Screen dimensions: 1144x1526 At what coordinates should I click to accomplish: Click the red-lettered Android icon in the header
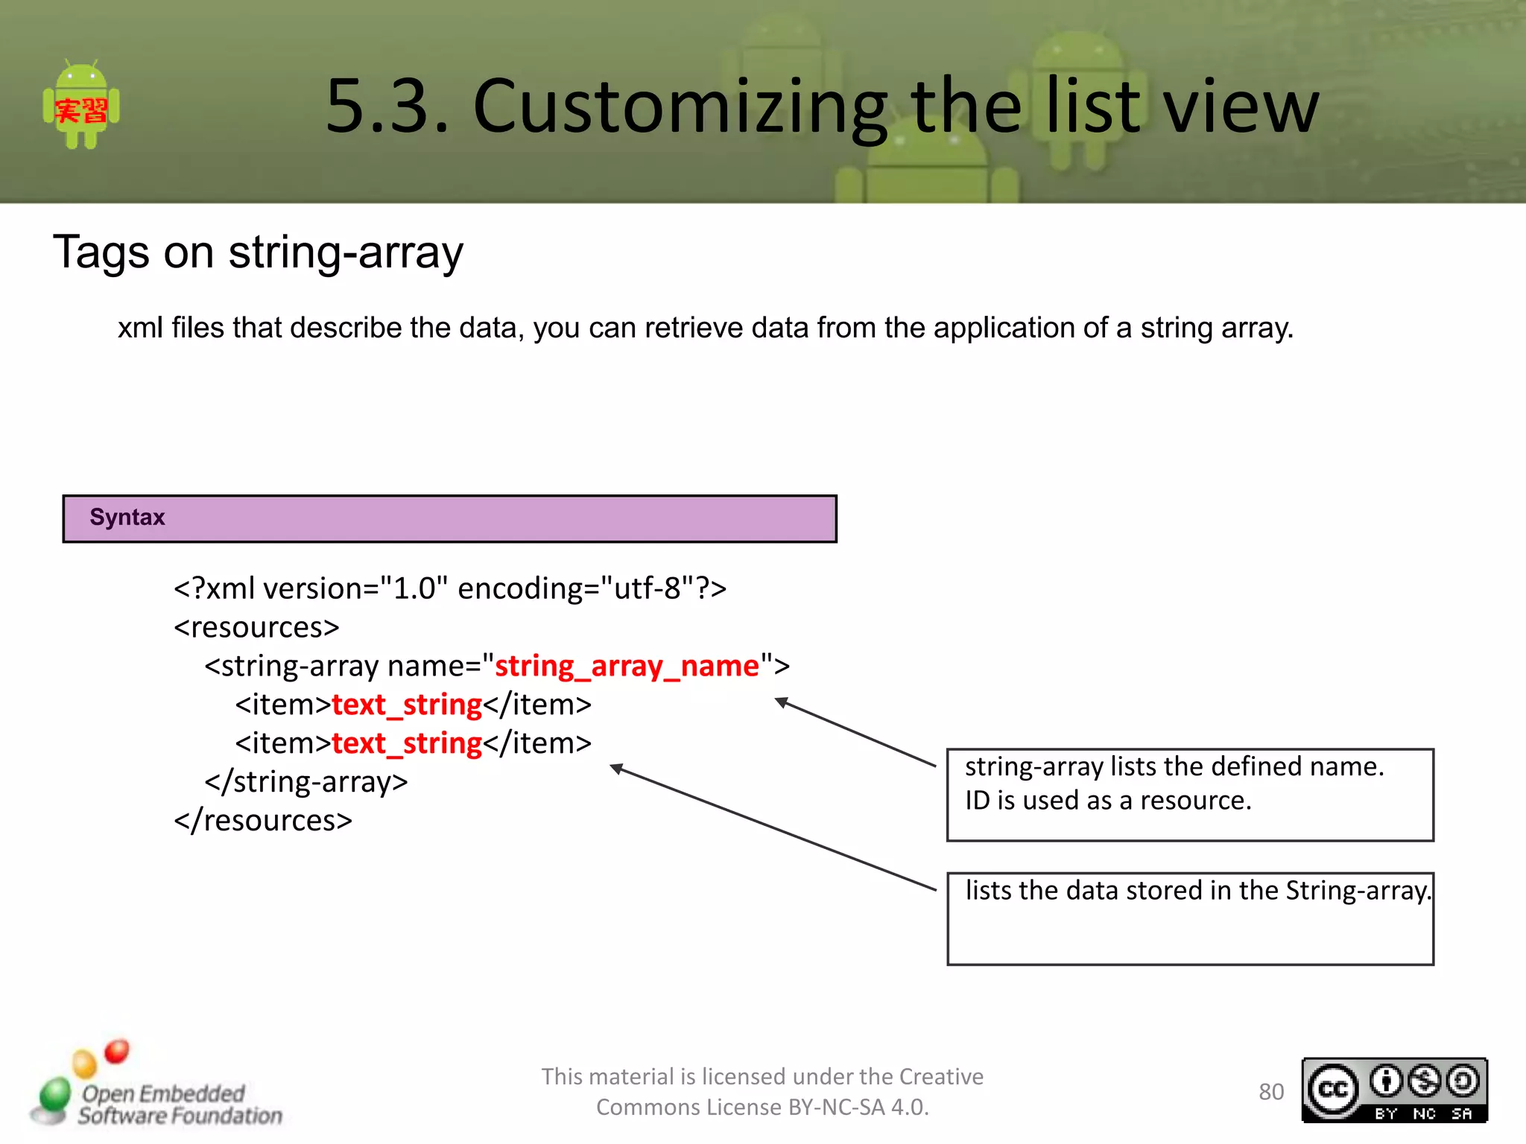pos(81,106)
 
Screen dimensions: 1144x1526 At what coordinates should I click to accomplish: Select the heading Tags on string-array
pos(258,252)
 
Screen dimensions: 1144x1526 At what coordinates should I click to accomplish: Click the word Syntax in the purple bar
pos(127,517)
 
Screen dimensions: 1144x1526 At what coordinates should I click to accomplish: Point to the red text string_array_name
pos(627,665)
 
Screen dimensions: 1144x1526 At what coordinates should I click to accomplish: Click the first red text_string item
pos(407,704)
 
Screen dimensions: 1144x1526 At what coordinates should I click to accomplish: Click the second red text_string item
pos(407,743)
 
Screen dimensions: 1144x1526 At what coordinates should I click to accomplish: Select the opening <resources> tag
pos(256,627)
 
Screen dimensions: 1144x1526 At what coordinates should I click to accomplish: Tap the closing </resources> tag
pos(263,820)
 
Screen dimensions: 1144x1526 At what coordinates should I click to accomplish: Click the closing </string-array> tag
pos(306,781)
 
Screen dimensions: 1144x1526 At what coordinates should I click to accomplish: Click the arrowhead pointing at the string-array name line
pos(780,702)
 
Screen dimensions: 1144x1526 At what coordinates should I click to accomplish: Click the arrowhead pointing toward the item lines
pos(615,768)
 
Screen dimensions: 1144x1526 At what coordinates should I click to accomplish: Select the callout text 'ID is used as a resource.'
pos(1108,801)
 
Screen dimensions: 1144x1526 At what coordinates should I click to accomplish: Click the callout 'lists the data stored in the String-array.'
pos(1197,891)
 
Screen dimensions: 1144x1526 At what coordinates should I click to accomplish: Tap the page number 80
pos(1271,1092)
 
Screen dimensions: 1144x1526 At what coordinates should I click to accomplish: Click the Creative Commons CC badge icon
pos(1333,1090)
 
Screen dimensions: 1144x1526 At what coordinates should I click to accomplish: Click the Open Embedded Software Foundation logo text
pos(179,1105)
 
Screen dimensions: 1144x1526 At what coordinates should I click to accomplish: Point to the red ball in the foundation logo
pos(117,1051)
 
